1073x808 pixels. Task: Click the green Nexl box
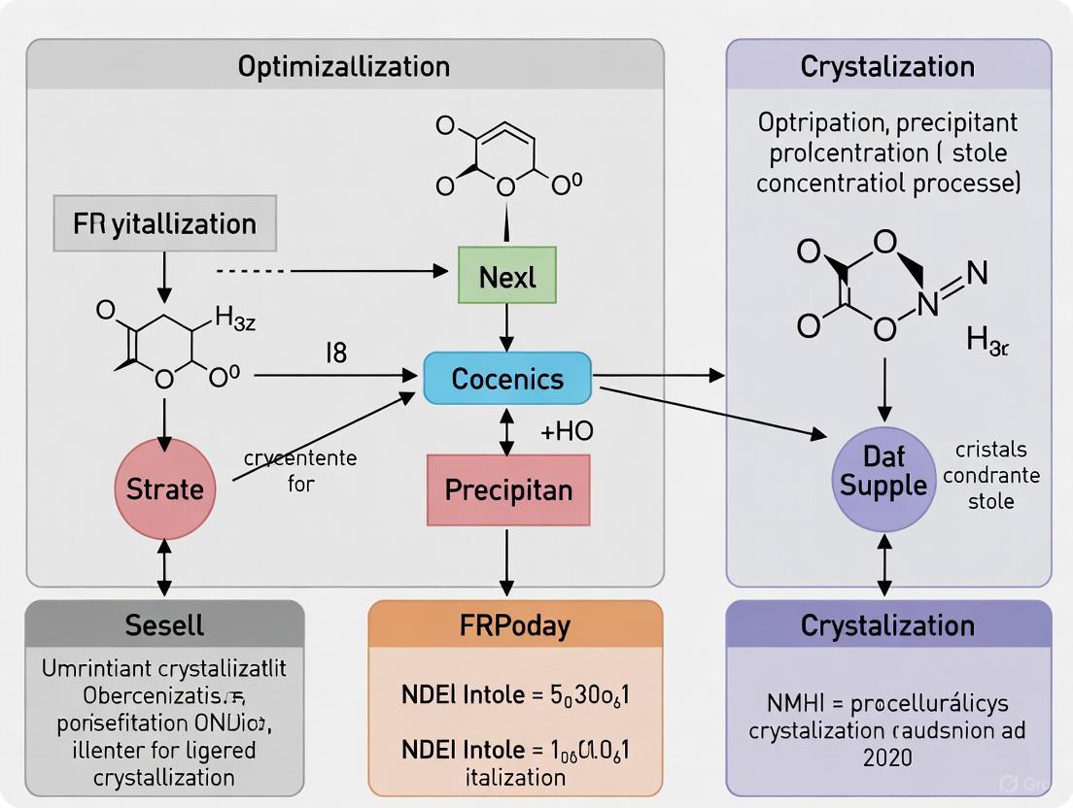click(507, 278)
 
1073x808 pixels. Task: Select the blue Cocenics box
click(507, 379)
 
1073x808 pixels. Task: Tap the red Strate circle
click(164, 488)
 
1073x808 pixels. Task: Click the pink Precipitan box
click(507, 489)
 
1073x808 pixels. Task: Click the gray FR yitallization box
click(164, 223)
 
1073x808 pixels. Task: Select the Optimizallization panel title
click(344, 66)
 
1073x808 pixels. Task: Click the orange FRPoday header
click(515, 624)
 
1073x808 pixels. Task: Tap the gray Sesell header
click(164, 624)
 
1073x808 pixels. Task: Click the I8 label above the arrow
click(334, 353)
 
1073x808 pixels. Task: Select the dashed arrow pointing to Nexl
click(330, 270)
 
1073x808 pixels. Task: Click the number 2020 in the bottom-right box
click(888, 757)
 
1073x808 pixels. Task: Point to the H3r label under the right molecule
click(987, 340)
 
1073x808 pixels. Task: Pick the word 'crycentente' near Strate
click(300, 458)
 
